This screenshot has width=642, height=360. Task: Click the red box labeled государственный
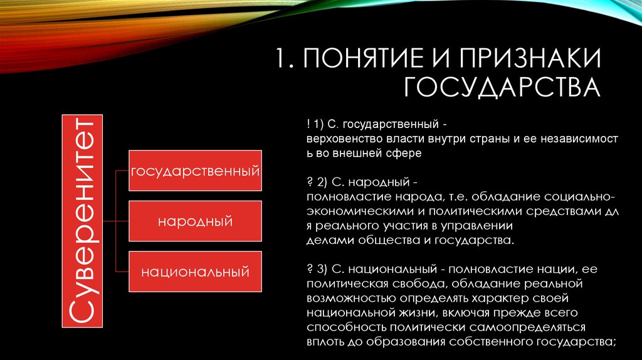click(x=196, y=171)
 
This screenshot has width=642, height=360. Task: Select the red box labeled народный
click(x=196, y=221)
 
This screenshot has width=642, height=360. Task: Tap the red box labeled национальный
click(x=196, y=272)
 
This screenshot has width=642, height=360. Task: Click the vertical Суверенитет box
click(x=82, y=221)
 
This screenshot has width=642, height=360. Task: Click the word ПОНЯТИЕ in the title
click(x=363, y=58)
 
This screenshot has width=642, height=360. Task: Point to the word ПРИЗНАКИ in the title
click(x=529, y=58)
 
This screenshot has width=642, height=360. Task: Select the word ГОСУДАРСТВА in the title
click(x=502, y=87)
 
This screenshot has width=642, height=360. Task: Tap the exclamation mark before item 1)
click(x=308, y=124)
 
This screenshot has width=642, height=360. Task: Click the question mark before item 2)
click(x=310, y=182)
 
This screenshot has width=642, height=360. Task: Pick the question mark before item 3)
click(x=310, y=269)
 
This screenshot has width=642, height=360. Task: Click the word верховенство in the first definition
click(x=345, y=139)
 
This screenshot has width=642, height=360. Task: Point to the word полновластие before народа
click(x=349, y=197)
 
